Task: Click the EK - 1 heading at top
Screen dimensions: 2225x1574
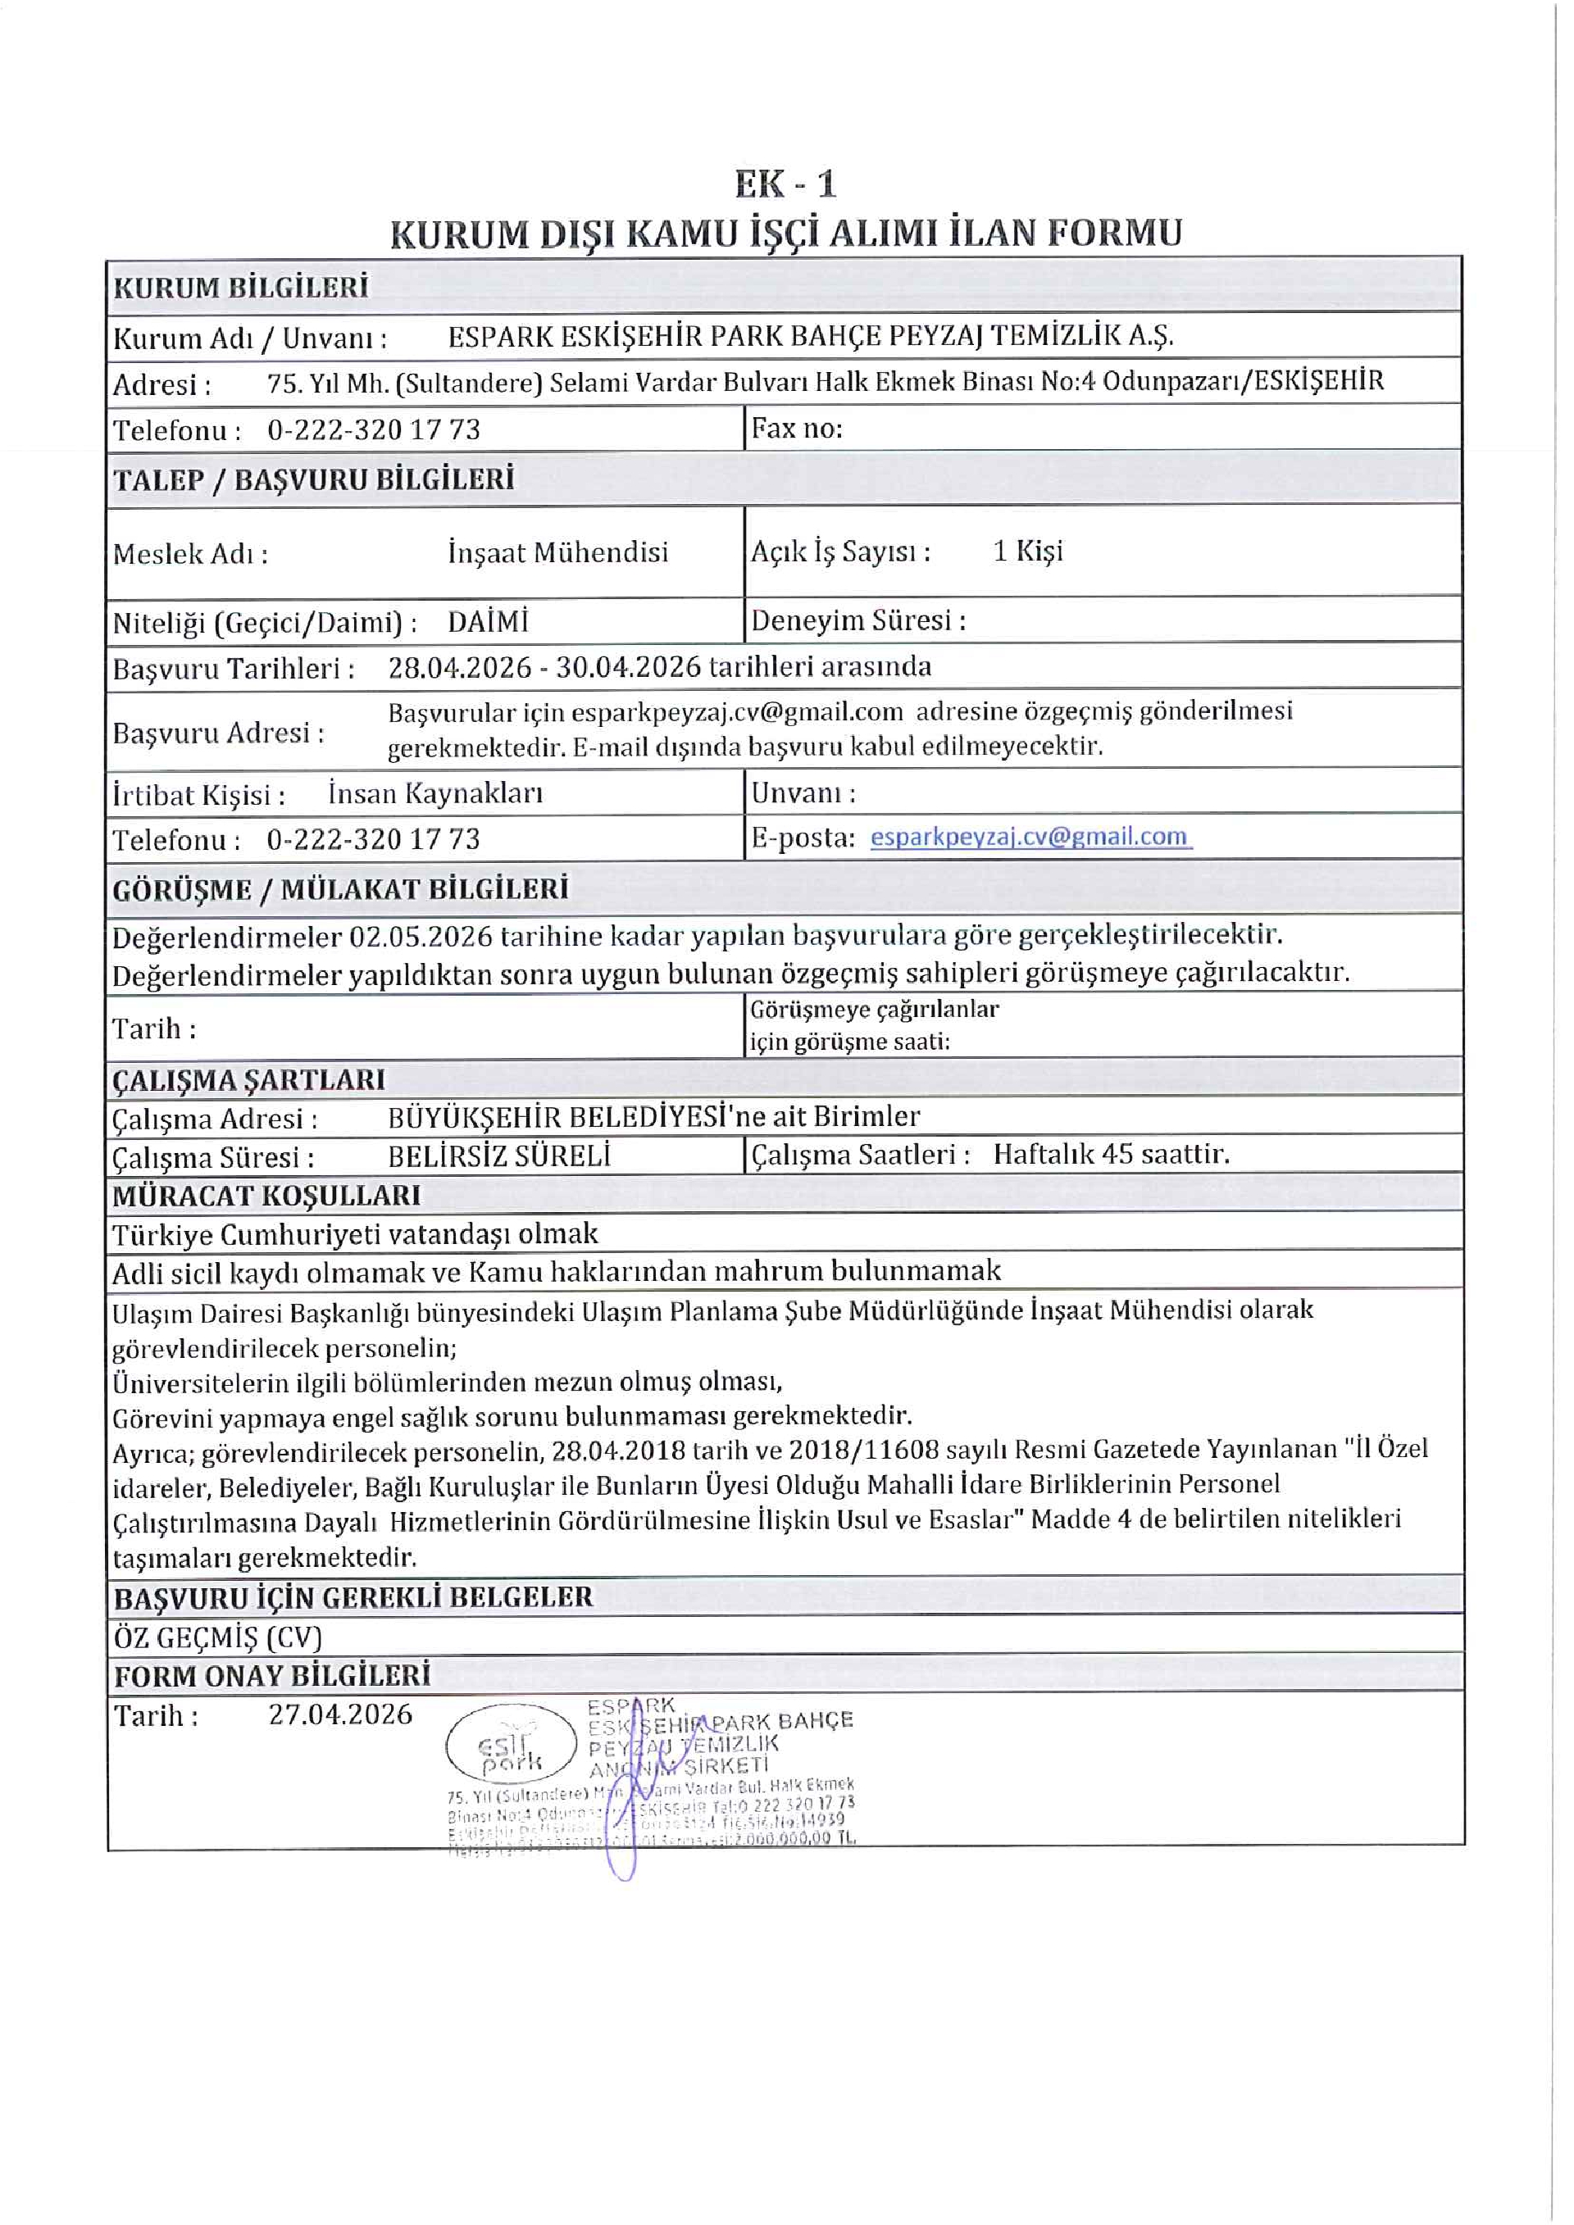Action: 785,184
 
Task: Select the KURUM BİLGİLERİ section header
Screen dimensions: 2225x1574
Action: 240,288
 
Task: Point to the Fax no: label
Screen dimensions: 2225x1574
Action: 797,429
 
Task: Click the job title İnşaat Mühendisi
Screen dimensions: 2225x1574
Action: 558,552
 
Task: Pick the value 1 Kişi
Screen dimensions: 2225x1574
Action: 1027,552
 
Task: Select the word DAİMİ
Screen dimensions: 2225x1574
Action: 489,621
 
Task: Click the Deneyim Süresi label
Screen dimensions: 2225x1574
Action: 858,620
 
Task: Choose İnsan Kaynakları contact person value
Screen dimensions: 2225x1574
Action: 435,793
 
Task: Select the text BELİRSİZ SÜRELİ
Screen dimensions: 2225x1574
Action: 499,1156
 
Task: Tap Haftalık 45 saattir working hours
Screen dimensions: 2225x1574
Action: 1111,1154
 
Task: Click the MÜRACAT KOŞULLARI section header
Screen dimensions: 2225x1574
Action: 266,1196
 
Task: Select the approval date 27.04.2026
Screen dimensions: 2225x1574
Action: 340,1714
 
